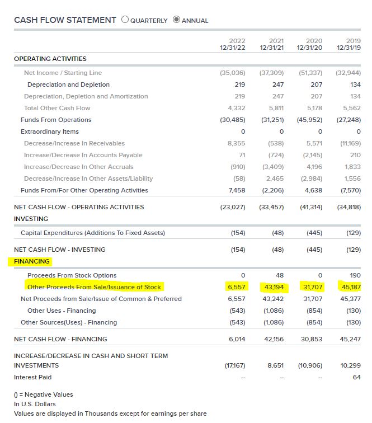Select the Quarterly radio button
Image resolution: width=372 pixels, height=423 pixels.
point(125,20)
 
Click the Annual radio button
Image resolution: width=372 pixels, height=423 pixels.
point(176,20)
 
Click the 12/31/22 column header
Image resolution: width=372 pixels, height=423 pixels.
point(233,48)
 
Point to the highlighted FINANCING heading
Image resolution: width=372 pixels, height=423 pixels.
point(32,261)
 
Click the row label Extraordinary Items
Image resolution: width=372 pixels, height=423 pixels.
point(50,131)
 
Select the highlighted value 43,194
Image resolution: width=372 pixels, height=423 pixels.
point(274,287)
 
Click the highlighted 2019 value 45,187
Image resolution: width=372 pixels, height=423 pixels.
point(351,287)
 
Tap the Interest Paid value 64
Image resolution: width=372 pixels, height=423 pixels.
point(357,377)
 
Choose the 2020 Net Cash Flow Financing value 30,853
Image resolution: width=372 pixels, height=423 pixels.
point(312,339)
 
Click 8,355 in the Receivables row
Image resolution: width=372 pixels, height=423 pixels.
point(236,143)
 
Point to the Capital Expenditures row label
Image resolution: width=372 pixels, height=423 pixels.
point(93,233)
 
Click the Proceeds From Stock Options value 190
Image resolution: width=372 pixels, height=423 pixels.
point(355,275)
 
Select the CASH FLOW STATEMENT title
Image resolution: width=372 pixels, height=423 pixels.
point(65,20)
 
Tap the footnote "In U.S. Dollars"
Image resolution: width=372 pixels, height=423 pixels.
point(35,404)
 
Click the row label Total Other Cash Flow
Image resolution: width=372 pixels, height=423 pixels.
point(57,108)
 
